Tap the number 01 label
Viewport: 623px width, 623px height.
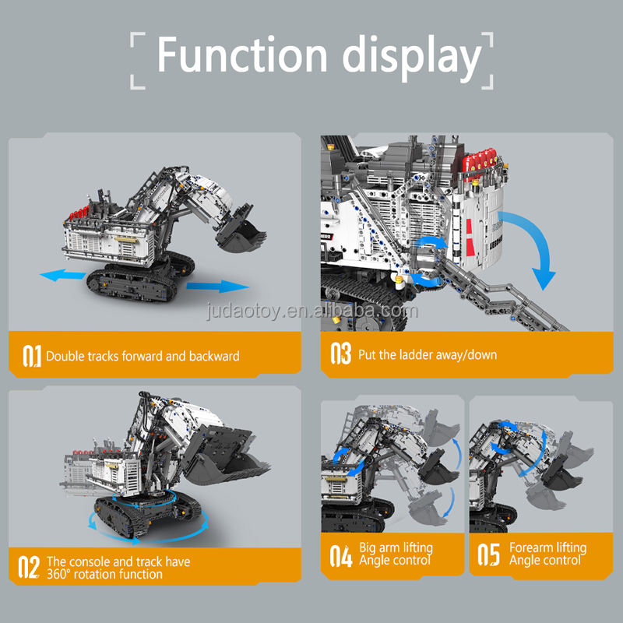[x=31, y=355]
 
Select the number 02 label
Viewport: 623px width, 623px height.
[x=30, y=566]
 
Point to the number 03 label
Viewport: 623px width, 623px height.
[x=341, y=354]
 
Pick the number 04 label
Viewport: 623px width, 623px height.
[x=341, y=555]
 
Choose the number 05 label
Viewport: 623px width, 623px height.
[x=488, y=555]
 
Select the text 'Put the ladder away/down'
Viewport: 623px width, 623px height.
[x=428, y=355]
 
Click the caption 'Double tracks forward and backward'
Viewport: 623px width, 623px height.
[x=143, y=356]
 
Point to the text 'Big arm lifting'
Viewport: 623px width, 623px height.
[x=396, y=547]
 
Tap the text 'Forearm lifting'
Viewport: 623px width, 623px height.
[x=547, y=547]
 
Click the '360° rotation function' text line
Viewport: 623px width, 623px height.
[x=104, y=574]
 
